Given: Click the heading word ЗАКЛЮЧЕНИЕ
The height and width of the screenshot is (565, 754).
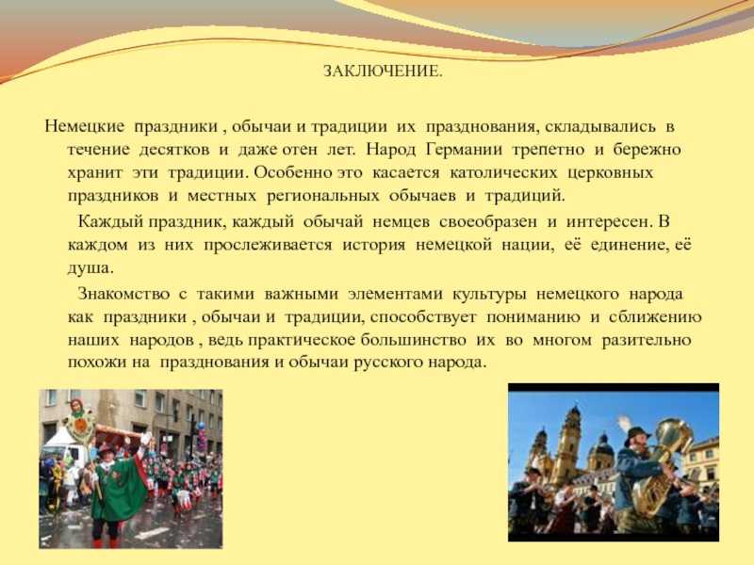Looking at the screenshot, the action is [383, 72].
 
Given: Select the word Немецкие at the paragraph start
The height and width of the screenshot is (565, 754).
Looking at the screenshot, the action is [84, 126].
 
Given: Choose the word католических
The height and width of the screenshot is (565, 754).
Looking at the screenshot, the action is [503, 172].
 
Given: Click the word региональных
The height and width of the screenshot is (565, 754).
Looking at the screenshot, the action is [322, 196].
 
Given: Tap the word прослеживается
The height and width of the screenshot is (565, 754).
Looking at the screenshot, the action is [268, 245].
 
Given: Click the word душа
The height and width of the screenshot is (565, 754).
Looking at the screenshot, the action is [90, 268].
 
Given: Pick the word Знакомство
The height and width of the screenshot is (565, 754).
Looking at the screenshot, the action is [123, 294].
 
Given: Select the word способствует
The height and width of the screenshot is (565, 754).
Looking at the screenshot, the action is [423, 317].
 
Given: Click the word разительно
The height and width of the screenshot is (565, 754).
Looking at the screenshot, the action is [646, 340].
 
